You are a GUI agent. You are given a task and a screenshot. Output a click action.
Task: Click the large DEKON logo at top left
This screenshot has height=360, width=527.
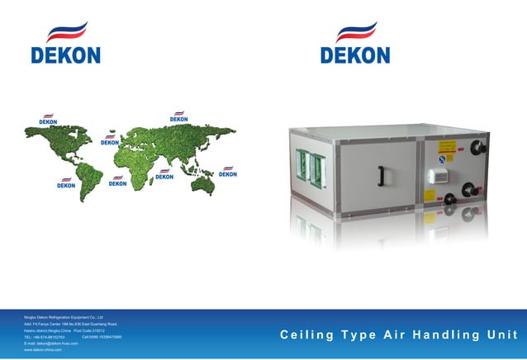point(65,45)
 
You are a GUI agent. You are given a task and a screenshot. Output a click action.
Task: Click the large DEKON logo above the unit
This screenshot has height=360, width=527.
point(355,45)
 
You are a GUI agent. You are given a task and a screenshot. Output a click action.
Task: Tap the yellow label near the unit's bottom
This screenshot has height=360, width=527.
point(430,197)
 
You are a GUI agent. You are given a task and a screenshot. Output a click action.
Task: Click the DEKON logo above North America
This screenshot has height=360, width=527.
point(48,120)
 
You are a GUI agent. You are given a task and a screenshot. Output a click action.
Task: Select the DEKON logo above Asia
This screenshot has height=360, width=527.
point(179,117)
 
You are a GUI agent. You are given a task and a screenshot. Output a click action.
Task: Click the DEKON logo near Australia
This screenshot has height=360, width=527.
point(227,172)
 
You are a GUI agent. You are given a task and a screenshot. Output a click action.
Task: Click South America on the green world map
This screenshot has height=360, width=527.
point(89,179)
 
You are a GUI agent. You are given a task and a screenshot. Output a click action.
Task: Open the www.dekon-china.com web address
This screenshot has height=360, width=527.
point(43,351)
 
